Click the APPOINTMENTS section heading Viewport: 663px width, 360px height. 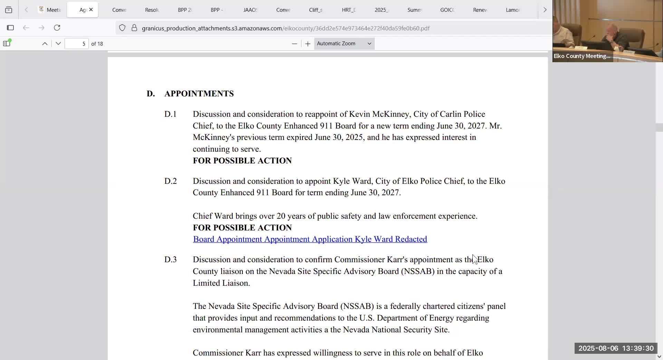(199, 94)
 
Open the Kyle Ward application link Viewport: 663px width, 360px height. (310, 239)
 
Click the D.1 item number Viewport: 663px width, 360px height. (170, 114)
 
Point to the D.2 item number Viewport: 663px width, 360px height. (170, 181)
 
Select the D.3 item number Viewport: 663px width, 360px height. (170, 259)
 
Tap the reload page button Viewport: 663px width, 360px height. (57, 28)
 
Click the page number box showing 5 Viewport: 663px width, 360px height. (77, 44)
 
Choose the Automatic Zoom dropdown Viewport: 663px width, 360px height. (344, 44)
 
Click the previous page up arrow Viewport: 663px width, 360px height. (45, 44)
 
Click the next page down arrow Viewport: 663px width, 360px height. (58, 44)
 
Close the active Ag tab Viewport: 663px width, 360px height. (91, 10)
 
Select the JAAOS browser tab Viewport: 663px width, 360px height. (250, 10)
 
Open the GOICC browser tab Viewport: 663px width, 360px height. (447, 10)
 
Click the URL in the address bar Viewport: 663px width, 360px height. (286, 28)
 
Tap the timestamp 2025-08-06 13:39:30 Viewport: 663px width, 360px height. (616, 348)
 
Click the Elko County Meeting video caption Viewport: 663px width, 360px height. (582, 56)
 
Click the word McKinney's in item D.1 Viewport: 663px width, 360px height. (213, 137)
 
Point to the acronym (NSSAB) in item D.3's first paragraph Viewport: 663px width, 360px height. (417, 271)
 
